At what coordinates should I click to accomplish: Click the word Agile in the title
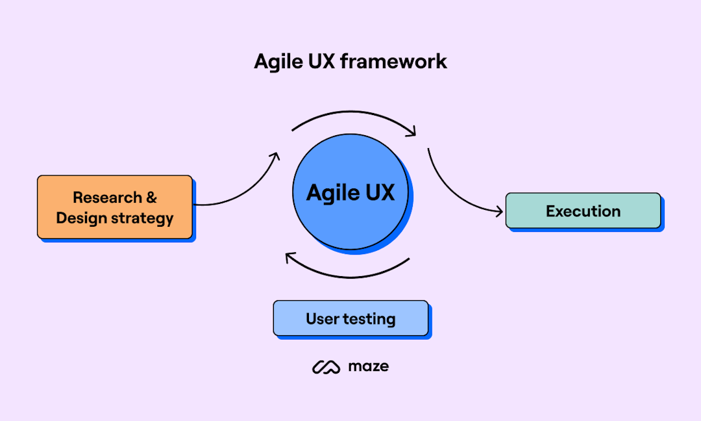[277, 62]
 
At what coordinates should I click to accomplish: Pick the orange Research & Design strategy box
[115, 207]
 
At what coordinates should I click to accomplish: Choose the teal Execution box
[583, 211]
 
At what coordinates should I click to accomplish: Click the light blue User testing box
[350, 318]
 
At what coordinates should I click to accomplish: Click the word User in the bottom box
[323, 319]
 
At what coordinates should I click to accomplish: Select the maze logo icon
[326, 367]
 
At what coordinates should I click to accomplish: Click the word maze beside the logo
[368, 366]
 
